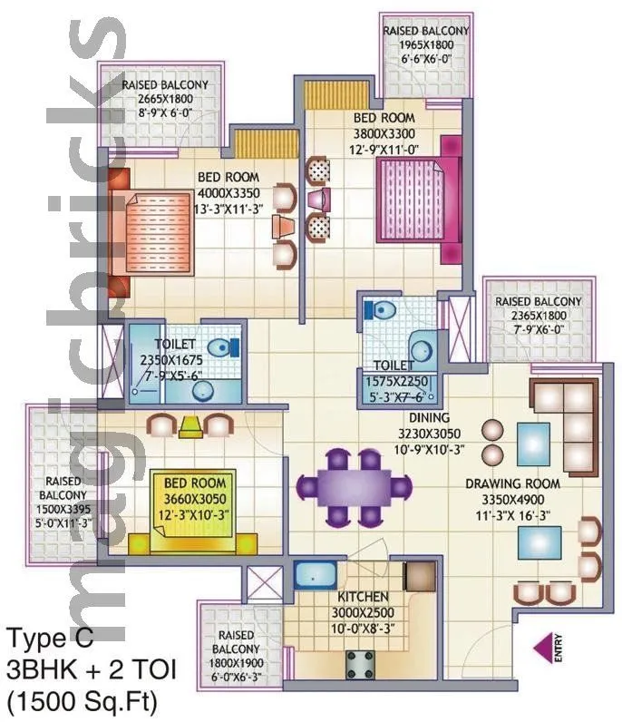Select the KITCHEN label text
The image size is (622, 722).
[364, 598]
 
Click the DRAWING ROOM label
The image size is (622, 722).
[512, 483]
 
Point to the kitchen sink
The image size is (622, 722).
[315, 577]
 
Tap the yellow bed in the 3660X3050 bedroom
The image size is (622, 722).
[194, 512]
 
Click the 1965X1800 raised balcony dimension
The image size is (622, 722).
[426, 43]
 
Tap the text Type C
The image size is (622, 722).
[51, 638]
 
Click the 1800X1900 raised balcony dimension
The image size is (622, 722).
[237, 662]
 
